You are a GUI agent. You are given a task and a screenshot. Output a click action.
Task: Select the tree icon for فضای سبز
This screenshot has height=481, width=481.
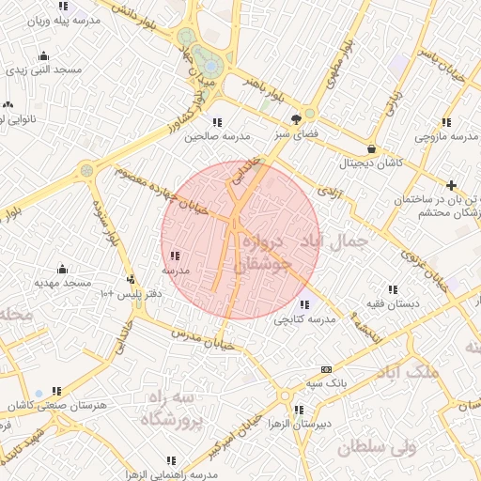297,118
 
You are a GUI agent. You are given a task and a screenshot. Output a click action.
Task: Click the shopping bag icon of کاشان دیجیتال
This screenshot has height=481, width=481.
372,147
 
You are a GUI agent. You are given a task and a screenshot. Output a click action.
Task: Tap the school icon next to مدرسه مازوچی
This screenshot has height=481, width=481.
445,121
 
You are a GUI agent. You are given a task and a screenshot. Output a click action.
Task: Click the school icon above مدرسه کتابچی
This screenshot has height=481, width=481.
303,304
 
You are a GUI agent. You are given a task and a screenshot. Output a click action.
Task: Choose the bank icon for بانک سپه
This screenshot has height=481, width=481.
325,368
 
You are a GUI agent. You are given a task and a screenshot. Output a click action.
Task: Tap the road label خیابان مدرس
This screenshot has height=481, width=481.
200,334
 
